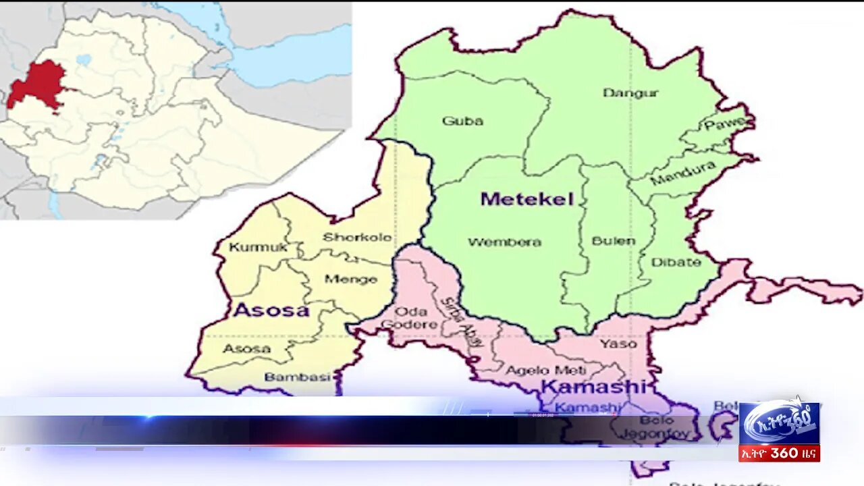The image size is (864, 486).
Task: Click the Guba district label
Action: click(462, 122)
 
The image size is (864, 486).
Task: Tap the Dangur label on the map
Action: click(630, 93)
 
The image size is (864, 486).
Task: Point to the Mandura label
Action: click(682, 173)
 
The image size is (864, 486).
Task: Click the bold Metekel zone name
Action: click(526, 199)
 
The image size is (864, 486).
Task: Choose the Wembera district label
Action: click(504, 242)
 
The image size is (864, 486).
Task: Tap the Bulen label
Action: click(613, 241)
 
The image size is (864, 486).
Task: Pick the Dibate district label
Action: click(676, 262)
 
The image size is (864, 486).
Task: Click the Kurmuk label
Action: click(258, 248)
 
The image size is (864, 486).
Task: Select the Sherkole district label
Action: click(357, 238)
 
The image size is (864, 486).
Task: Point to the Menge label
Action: click(350, 279)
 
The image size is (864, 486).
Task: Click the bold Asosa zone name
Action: click(271, 310)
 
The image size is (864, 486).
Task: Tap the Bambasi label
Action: click(297, 377)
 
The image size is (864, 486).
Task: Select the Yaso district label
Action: click(618, 344)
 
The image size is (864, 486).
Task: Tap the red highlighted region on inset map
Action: click(37, 84)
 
